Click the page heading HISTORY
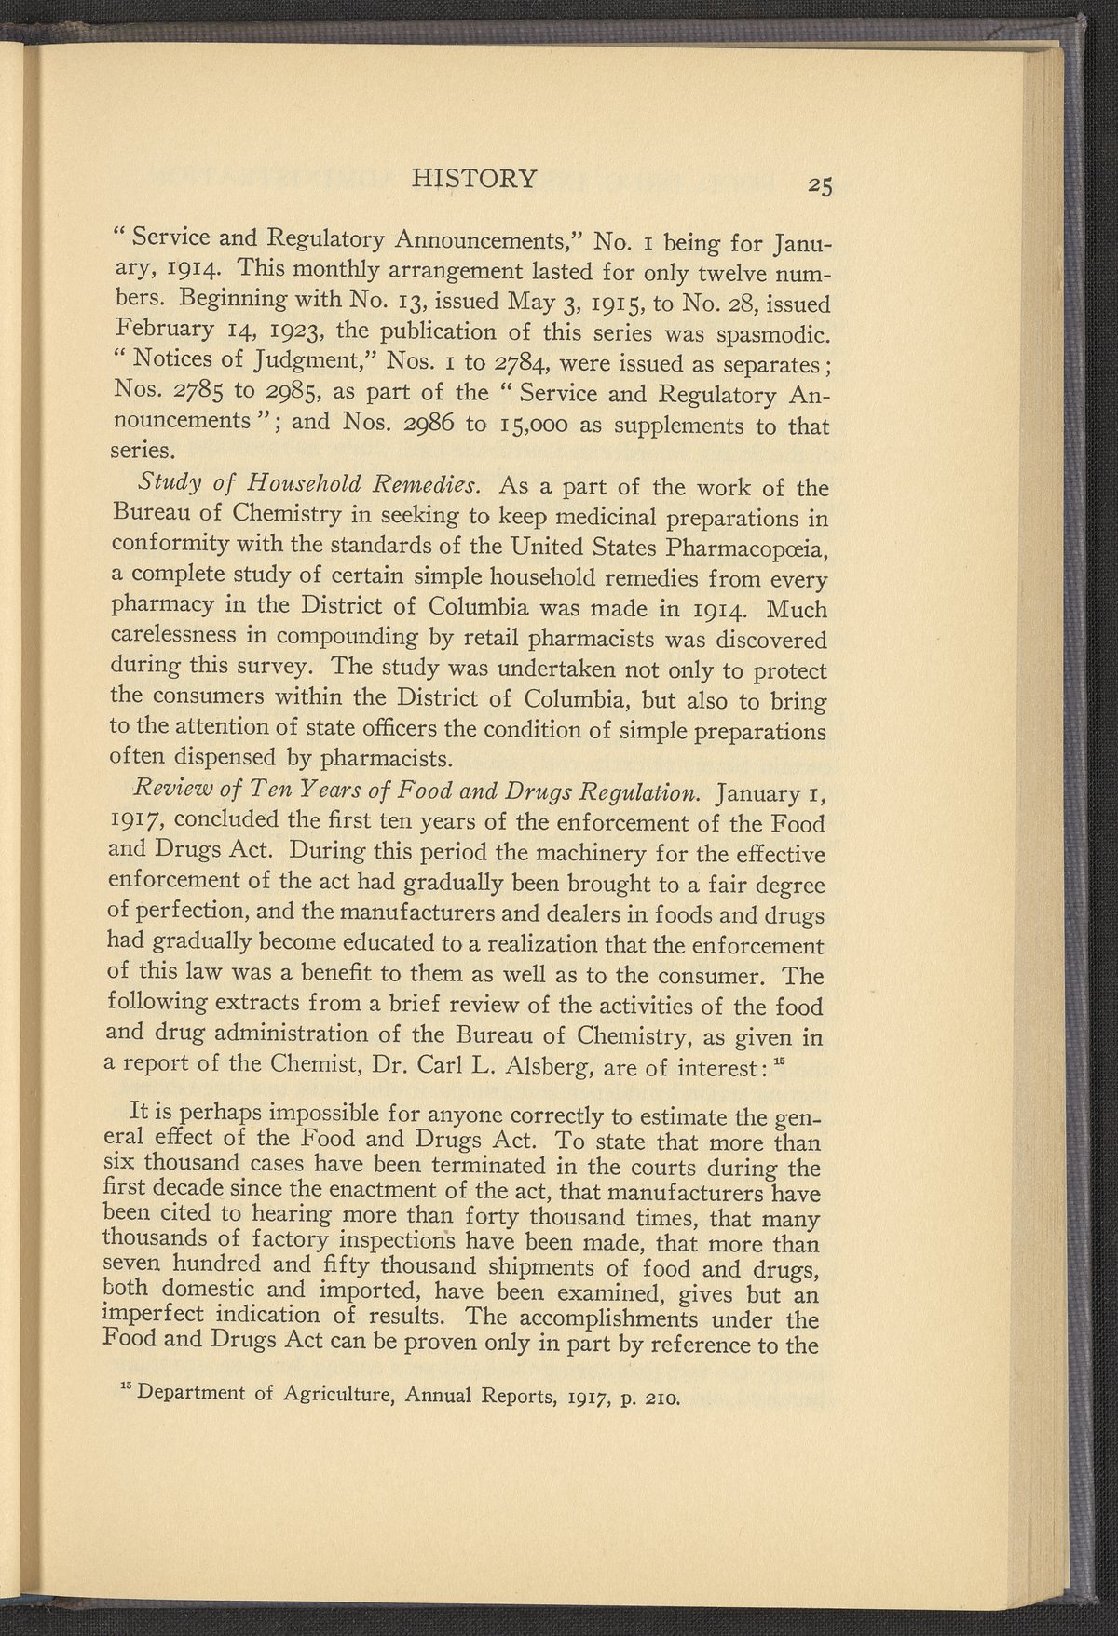coord(474,177)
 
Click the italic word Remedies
coord(427,486)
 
